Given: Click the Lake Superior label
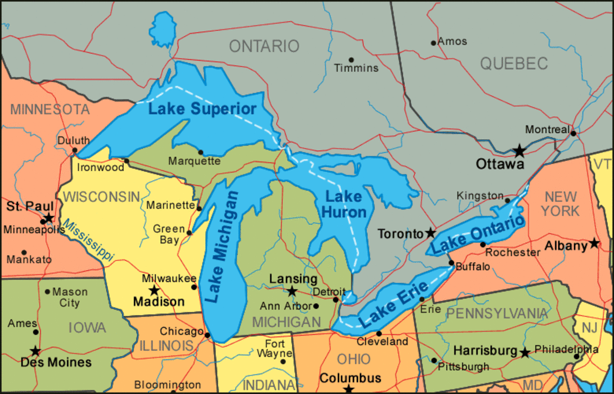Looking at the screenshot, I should pyautogui.click(x=202, y=109).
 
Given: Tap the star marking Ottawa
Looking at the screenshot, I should pyautogui.click(x=519, y=151).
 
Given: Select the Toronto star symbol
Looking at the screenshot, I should pyautogui.click(x=431, y=233).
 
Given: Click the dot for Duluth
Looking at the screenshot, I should pyautogui.click(x=75, y=151).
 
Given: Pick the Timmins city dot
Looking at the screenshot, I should pyautogui.click(x=351, y=60).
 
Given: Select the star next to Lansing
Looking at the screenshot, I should pyautogui.click(x=292, y=292).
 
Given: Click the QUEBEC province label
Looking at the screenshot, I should pyautogui.click(x=514, y=64).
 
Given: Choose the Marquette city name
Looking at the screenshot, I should pyautogui.click(x=194, y=161).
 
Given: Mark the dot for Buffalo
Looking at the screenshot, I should pyautogui.click(x=451, y=263).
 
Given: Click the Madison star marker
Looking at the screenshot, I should pyautogui.click(x=154, y=291).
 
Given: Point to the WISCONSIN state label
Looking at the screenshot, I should pyautogui.click(x=102, y=197).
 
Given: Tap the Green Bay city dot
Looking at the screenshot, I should pyautogui.click(x=189, y=233).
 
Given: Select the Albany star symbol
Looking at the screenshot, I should pyautogui.click(x=594, y=243).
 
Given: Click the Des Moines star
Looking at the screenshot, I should pyautogui.click(x=35, y=351).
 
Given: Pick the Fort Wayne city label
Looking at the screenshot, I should pyautogui.click(x=274, y=349).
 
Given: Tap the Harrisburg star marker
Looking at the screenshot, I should pyautogui.click(x=524, y=352).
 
